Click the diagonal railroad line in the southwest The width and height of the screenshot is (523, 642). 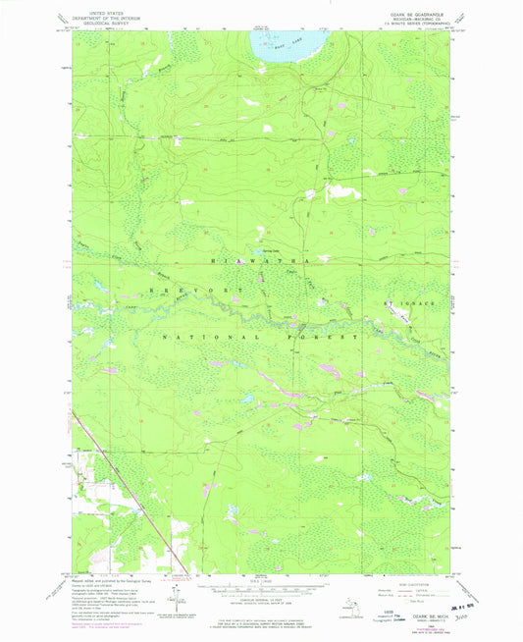[x=128, y=491]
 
